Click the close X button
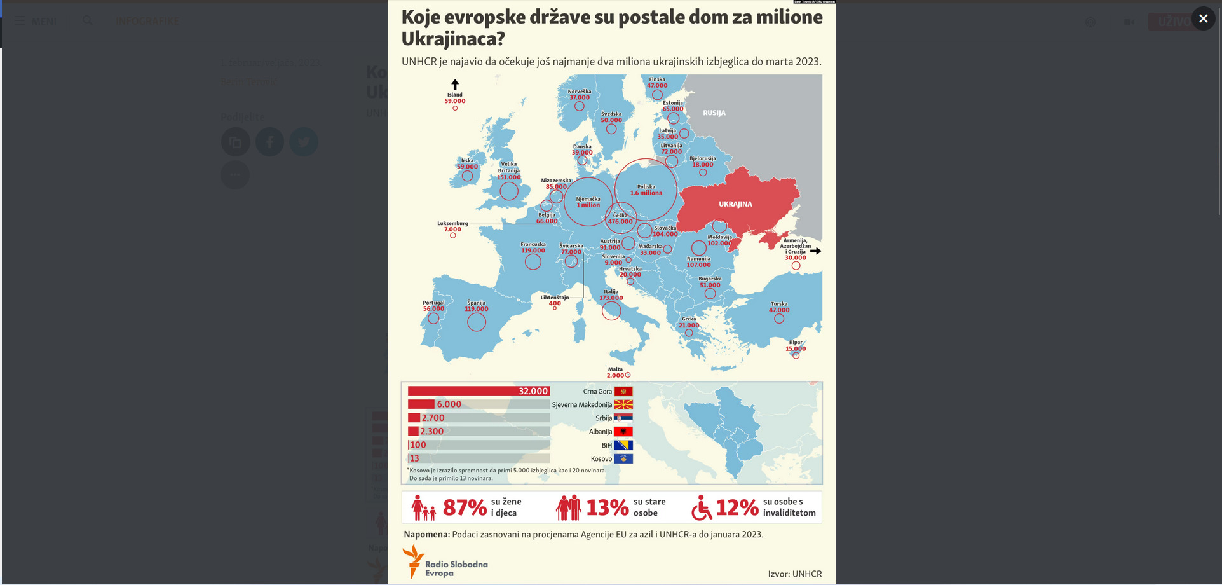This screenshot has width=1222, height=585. (1202, 18)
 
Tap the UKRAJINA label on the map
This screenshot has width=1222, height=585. (735, 204)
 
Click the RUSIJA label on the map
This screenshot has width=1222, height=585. (714, 113)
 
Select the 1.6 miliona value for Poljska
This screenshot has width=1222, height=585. (646, 193)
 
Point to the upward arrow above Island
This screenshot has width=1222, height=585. (455, 85)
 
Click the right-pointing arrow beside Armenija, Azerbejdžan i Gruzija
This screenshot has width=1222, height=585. (816, 251)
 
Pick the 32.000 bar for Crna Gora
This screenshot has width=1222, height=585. (479, 391)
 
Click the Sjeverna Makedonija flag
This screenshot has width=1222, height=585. (623, 404)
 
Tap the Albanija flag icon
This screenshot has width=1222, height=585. (623, 432)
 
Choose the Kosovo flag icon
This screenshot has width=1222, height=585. (623, 458)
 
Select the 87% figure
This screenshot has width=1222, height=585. (465, 507)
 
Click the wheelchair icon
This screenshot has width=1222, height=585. (701, 507)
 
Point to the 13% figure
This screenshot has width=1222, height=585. (607, 507)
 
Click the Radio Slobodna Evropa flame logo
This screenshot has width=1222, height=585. (413, 560)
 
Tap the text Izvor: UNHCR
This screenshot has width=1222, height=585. (794, 574)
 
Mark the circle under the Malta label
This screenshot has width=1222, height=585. (628, 375)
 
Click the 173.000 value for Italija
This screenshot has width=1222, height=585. (611, 298)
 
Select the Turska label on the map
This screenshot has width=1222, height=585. (779, 304)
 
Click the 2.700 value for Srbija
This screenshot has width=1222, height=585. (433, 418)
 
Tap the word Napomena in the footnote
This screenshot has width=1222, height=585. (426, 534)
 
